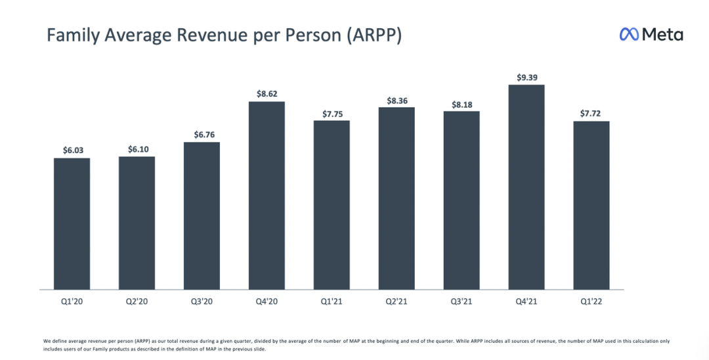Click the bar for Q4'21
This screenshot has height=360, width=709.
click(526, 187)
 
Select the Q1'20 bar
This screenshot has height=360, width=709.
click(72, 223)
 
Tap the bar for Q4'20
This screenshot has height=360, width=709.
click(267, 195)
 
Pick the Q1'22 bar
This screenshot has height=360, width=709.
click(591, 205)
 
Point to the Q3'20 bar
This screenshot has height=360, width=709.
click(202, 215)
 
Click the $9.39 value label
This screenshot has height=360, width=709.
click(526, 78)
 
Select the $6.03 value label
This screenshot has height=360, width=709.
click(72, 150)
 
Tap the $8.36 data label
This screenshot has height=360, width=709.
click(397, 100)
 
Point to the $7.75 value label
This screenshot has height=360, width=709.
click(332, 113)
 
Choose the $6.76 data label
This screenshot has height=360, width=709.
click(202, 135)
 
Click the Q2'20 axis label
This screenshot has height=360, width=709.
click(137, 302)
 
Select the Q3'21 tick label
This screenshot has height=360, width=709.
click(462, 302)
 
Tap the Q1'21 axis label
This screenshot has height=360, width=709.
click(332, 302)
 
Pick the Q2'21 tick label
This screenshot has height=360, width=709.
click(397, 302)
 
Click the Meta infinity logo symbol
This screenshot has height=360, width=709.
click(629, 35)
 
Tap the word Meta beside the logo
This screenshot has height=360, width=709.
click(662, 35)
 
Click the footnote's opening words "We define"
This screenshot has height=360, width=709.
click(55, 341)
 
